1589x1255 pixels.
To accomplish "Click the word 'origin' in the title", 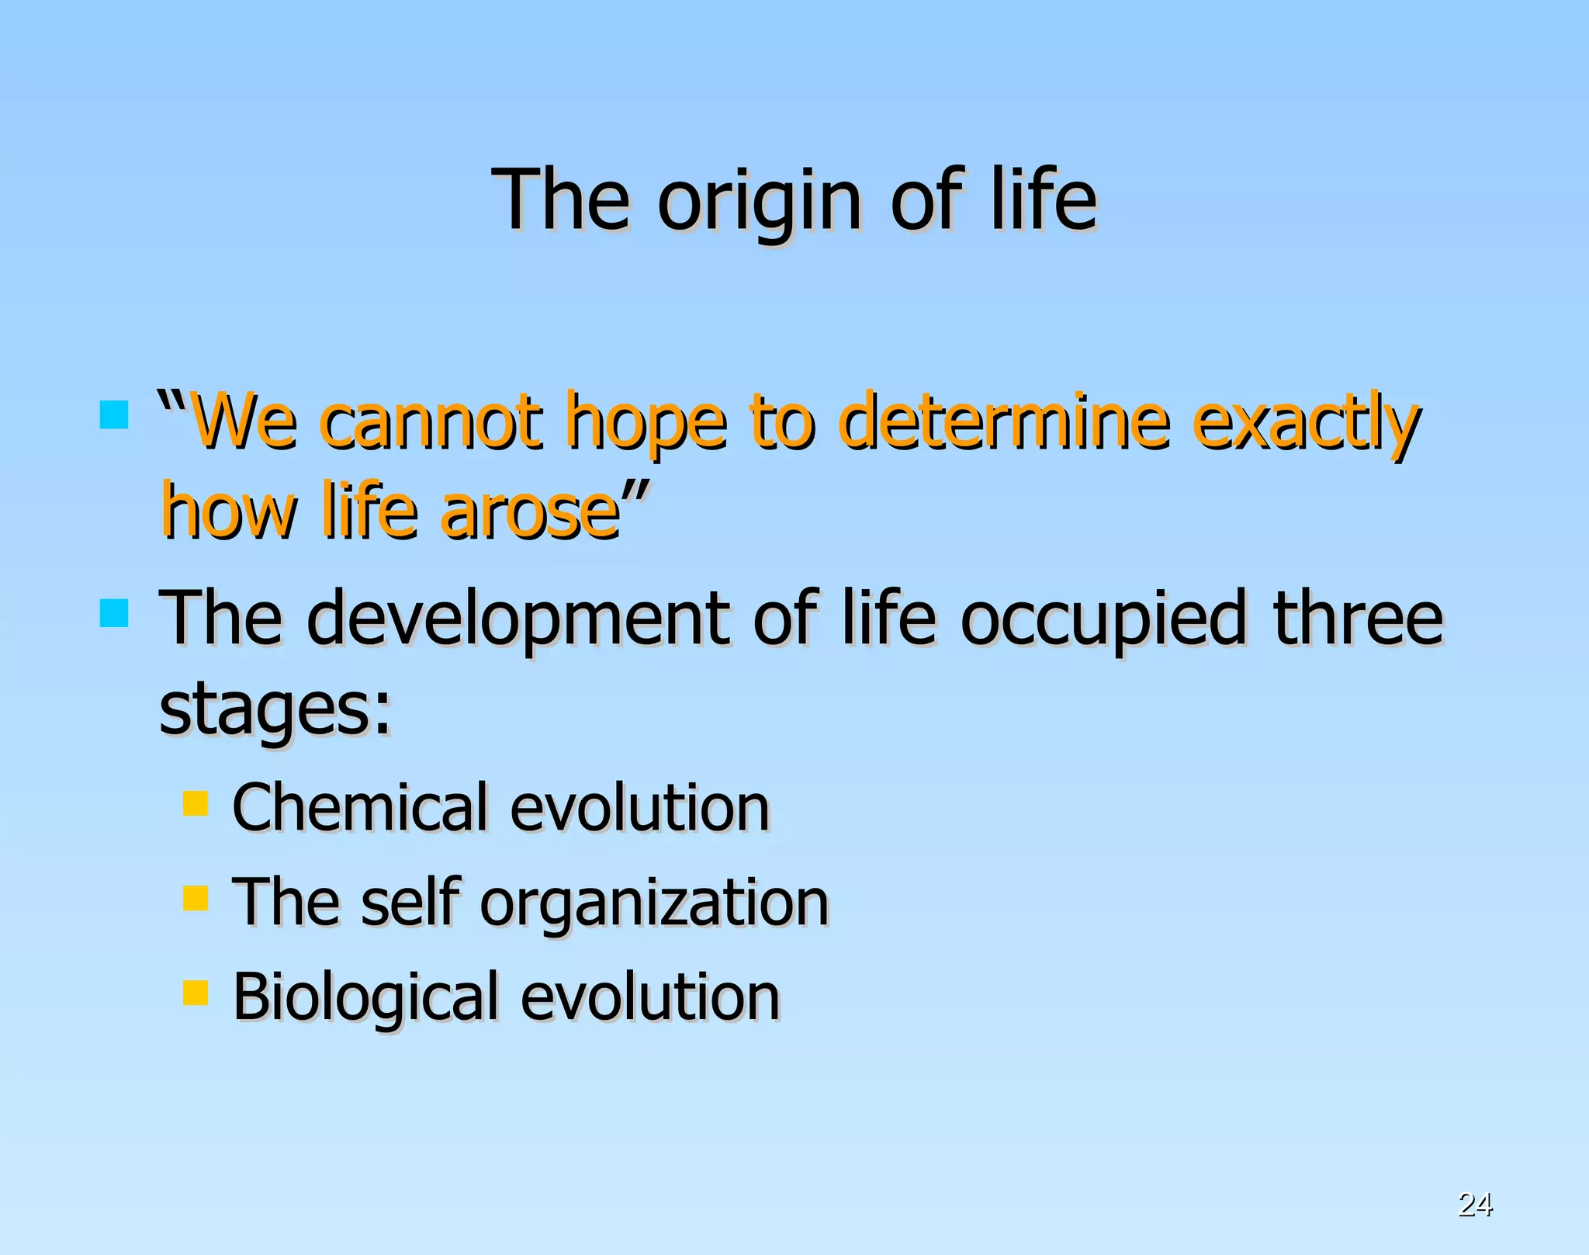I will [x=759, y=203].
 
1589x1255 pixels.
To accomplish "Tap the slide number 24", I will [x=1475, y=1204].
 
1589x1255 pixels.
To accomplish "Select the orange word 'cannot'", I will [x=432, y=422].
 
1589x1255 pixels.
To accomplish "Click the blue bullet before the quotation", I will [x=114, y=414].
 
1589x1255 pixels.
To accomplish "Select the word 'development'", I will [x=518, y=621].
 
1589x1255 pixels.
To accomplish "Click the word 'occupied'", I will [x=1103, y=621].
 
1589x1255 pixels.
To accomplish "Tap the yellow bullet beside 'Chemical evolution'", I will [x=196, y=803].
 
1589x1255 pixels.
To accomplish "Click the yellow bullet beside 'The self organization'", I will [x=196, y=898].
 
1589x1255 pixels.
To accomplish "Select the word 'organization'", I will [x=654, y=905].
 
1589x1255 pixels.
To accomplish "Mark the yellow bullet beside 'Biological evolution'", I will [x=196, y=992].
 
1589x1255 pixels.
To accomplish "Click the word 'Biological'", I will [x=365, y=999].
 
